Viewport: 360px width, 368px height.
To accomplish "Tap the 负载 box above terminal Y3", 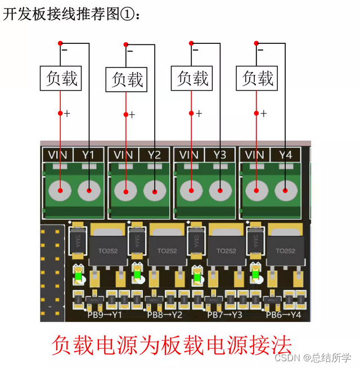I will click(192, 78).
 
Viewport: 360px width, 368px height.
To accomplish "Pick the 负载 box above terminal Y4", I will click(257, 78).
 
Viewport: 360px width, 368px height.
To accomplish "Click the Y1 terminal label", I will click(89, 155).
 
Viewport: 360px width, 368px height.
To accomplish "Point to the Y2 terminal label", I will click(154, 155).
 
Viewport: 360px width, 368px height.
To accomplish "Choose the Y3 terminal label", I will click(219, 155).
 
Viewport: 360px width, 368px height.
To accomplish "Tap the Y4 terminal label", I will click(285, 155).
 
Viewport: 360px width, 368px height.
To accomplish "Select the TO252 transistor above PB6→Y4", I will click(286, 248).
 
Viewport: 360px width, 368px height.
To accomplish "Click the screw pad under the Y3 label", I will click(219, 191).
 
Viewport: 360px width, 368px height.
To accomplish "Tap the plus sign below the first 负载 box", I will click(67, 113).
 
